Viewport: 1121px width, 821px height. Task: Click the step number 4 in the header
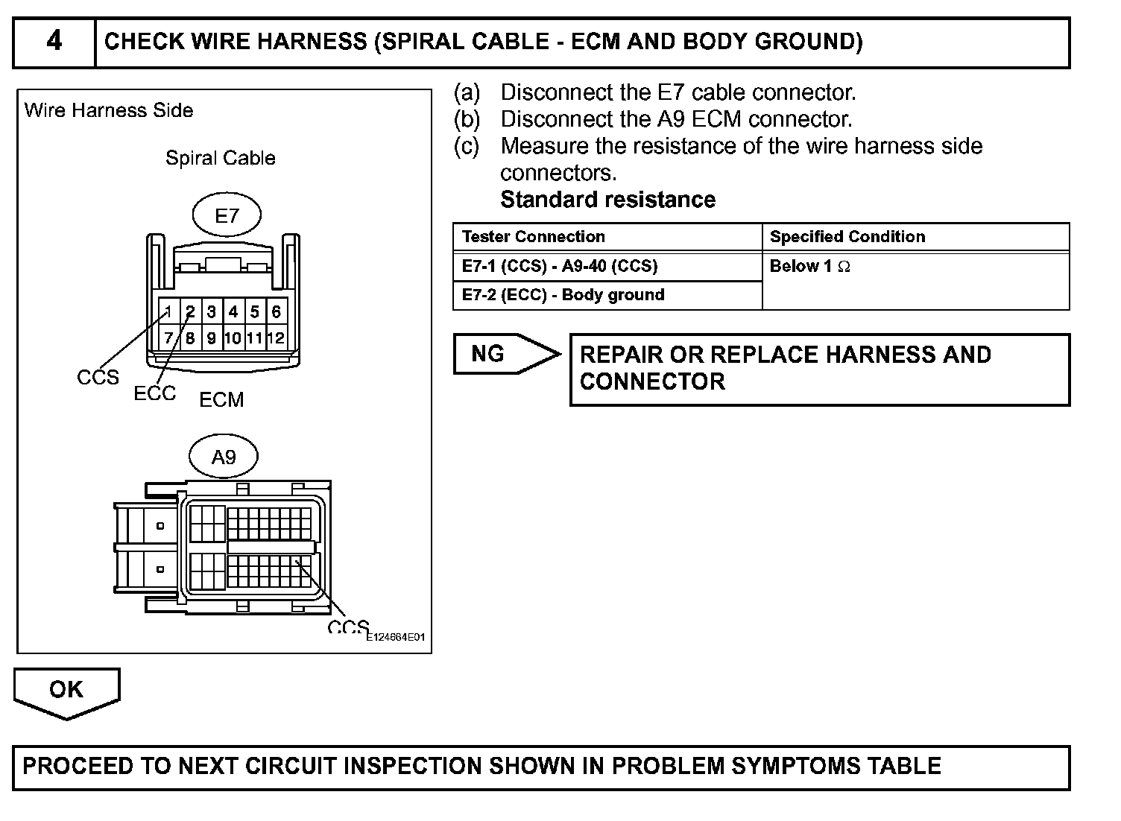click(x=54, y=41)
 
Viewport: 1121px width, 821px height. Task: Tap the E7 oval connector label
click(x=227, y=216)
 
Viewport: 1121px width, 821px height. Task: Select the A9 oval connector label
click(x=224, y=457)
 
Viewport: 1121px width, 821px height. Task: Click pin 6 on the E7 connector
click(x=276, y=311)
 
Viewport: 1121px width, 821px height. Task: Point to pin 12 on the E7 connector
click(x=276, y=338)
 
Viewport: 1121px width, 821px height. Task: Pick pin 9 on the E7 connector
click(x=212, y=338)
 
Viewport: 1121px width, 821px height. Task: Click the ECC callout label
click(x=154, y=393)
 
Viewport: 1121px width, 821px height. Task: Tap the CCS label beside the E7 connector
click(x=98, y=378)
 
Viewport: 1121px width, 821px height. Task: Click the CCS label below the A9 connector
click(x=347, y=627)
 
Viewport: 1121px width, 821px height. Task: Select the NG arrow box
click(x=503, y=354)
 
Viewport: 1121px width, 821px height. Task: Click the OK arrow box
click(x=66, y=691)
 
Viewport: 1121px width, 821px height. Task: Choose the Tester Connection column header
click(x=534, y=237)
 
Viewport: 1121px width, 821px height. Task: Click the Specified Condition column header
click(x=847, y=237)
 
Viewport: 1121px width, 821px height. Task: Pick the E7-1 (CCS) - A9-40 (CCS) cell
click(x=560, y=266)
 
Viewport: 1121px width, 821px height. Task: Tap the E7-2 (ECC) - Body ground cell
click(x=563, y=295)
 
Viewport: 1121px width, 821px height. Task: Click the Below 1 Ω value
click(x=809, y=267)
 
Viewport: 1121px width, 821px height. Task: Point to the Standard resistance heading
click(x=607, y=200)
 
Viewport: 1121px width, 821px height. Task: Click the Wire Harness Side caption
click(x=109, y=110)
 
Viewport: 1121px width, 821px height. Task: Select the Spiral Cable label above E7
click(x=220, y=158)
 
